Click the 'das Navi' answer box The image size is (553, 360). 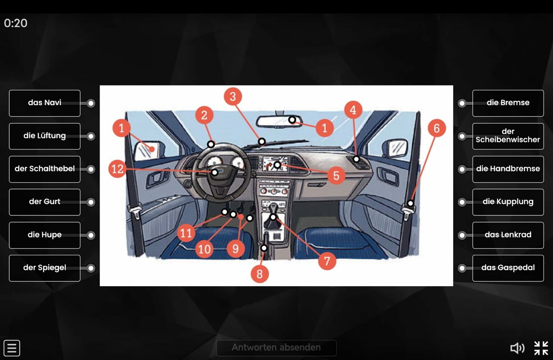coord(45,103)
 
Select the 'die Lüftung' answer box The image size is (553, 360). coord(45,136)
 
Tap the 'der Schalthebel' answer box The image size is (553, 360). coord(45,169)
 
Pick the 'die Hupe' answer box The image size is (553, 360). coord(45,235)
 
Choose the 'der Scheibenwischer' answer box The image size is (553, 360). coord(508,136)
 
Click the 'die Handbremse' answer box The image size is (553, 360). coord(508,169)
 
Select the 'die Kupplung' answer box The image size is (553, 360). coord(508,202)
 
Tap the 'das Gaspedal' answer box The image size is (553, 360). coord(508,268)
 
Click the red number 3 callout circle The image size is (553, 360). coord(233,96)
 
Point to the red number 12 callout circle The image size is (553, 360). coord(118,169)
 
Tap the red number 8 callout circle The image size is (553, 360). coord(260,274)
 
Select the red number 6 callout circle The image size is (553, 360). coord(437,128)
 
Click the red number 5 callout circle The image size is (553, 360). coord(336,175)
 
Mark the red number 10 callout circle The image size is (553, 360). coord(204,249)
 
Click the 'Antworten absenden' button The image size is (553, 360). coord(276,348)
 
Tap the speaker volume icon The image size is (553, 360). coord(517,348)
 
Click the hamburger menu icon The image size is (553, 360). coord(12,348)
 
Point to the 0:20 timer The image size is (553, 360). coord(15,23)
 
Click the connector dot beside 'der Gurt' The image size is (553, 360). coord(91,202)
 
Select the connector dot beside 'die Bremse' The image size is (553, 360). coord(462,103)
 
